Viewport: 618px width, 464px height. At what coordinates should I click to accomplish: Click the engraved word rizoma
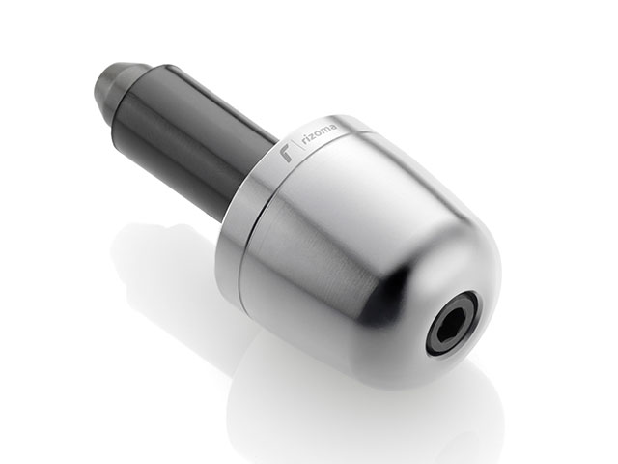click(x=322, y=137)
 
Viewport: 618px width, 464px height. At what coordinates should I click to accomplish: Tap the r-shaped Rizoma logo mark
click(x=285, y=154)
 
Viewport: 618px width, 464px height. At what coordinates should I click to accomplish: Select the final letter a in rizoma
click(x=334, y=128)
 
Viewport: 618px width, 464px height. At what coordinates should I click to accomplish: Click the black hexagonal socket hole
click(x=453, y=320)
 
